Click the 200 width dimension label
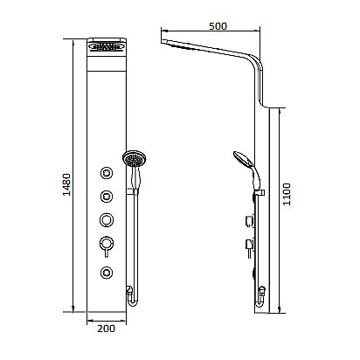tap(106, 329)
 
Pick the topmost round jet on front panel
tap(107, 172)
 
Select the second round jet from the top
tap(107, 195)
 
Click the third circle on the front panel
tap(107, 218)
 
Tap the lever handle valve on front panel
tap(107, 243)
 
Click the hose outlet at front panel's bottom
tap(129, 290)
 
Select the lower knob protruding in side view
tap(250, 243)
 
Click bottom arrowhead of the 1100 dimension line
tap(280, 311)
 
